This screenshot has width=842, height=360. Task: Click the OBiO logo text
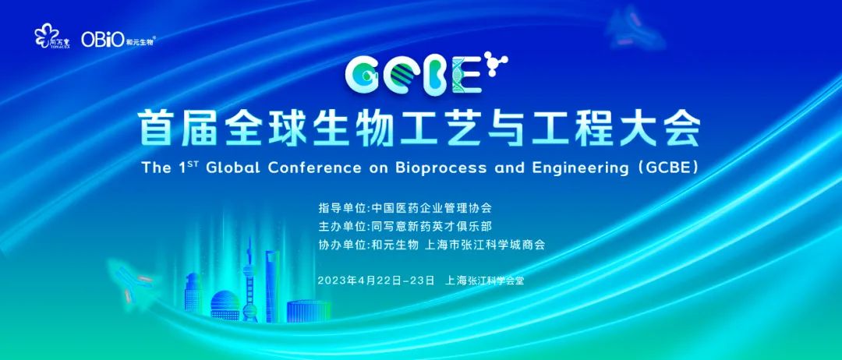point(103,40)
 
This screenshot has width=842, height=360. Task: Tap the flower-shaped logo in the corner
point(46,37)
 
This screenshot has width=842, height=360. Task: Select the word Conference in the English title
point(313,168)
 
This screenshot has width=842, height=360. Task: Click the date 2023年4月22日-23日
point(376,281)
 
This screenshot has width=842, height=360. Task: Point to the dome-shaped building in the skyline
point(225,305)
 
